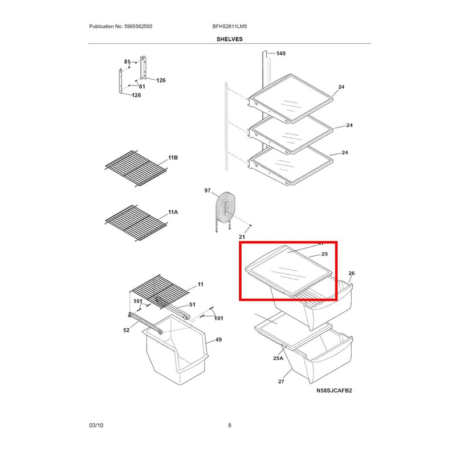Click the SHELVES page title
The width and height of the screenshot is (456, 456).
click(x=229, y=39)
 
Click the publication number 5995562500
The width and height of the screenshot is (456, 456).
click(x=137, y=27)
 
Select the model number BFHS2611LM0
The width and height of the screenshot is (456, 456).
click(x=229, y=27)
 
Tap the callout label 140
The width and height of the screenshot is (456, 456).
click(x=280, y=54)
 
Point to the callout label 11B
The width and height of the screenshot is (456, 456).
click(x=173, y=157)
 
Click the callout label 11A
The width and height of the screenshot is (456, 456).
click(x=173, y=213)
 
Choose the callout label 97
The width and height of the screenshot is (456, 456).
click(x=207, y=191)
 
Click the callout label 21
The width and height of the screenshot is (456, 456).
click(x=241, y=237)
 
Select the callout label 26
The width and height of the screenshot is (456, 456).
click(x=351, y=274)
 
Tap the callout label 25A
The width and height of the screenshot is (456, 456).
click(x=278, y=358)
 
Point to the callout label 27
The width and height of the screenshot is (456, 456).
click(x=280, y=382)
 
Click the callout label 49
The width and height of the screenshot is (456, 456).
click(x=218, y=340)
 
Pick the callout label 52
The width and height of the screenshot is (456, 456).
click(x=127, y=330)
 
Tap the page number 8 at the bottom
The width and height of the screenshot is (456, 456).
click(x=229, y=425)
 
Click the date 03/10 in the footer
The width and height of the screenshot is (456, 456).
click(x=96, y=425)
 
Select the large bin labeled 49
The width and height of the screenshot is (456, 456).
click(x=177, y=353)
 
